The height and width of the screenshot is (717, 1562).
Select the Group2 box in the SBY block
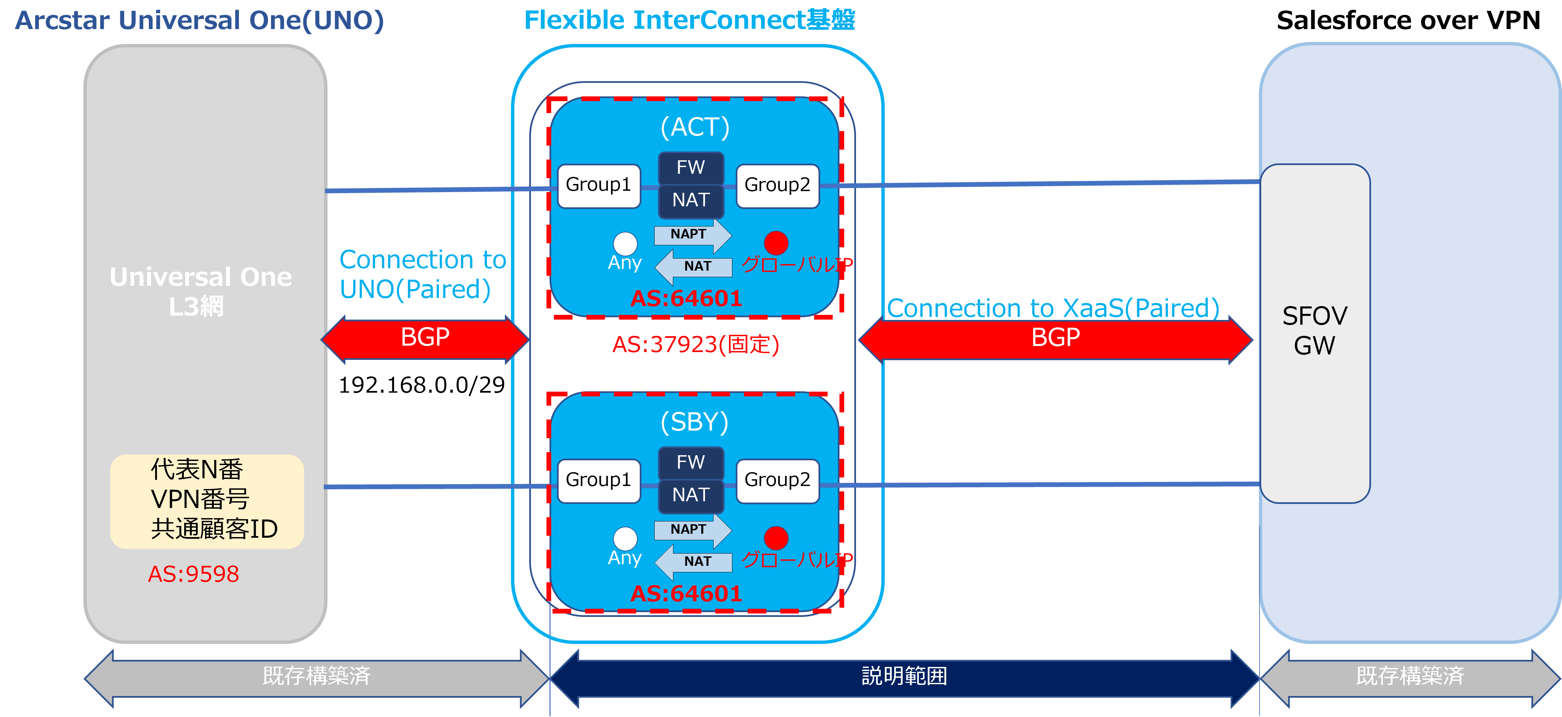click(x=777, y=481)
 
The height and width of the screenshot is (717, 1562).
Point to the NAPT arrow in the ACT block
click(x=692, y=235)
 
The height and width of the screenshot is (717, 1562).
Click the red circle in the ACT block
click(x=776, y=243)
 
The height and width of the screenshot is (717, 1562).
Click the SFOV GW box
click(x=1315, y=333)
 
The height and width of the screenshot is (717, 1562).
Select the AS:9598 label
click(x=193, y=574)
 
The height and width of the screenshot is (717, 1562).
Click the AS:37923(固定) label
click(x=695, y=345)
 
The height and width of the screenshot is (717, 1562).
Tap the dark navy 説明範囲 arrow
click(x=904, y=677)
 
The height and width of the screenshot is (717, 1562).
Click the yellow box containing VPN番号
click(x=207, y=502)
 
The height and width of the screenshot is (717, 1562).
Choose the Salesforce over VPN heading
click(x=1408, y=21)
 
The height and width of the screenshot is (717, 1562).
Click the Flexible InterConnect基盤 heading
click(x=689, y=20)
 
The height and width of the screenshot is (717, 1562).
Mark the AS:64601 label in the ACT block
click(x=686, y=298)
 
